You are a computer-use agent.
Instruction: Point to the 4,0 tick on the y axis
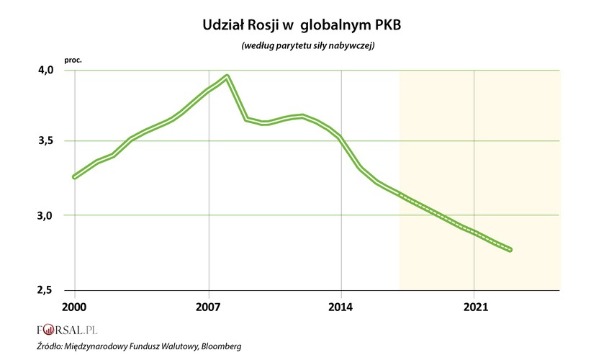pyautogui.click(x=46, y=71)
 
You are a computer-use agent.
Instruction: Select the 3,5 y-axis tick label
pyautogui.click(x=46, y=141)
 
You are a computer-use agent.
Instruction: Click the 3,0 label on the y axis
pyautogui.click(x=46, y=215)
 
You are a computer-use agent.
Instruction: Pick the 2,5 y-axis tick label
pyautogui.click(x=46, y=289)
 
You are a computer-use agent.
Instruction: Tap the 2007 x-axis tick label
pyautogui.click(x=208, y=307)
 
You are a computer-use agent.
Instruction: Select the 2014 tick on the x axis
pyautogui.click(x=340, y=307)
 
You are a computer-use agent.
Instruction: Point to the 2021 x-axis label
pyautogui.click(x=474, y=307)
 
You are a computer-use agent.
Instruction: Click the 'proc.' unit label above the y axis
pyautogui.click(x=73, y=59)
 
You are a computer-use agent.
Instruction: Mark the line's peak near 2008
pyautogui.click(x=227, y=76)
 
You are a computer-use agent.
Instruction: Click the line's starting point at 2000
pyautogui.click(x=75, y=176)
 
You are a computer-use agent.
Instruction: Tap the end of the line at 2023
pyautogui.click(x=510, y=250)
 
